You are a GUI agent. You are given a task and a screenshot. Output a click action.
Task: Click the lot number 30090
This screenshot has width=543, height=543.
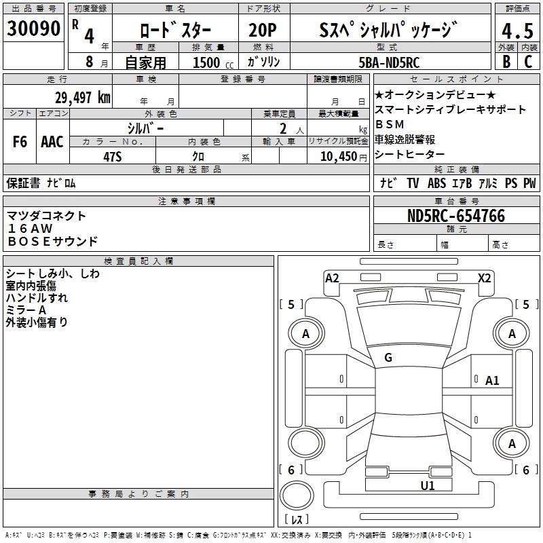coord(34,31)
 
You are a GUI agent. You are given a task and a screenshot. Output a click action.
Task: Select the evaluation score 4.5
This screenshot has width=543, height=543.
coord(517,31)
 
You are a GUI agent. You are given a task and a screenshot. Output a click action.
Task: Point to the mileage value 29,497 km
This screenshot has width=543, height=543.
coord(82,98)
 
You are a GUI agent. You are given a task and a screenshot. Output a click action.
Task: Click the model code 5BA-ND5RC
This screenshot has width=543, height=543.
coord(389,62)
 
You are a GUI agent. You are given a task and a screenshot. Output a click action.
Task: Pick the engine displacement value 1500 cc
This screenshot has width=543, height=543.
coord(210,62)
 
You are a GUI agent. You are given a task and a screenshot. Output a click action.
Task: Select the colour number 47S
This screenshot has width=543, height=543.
coord(112,156)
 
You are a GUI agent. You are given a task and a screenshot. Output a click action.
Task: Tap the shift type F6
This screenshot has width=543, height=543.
coord(20,142)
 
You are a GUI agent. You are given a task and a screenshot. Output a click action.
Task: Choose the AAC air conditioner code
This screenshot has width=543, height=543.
coord(52,142)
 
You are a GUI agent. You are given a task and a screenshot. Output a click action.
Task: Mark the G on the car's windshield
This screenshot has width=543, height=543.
coord(388,357)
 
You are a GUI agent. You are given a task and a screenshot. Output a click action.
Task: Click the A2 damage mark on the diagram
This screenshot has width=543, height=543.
coord(332,278)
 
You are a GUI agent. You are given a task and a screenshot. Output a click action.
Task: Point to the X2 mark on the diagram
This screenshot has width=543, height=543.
coord(485,278)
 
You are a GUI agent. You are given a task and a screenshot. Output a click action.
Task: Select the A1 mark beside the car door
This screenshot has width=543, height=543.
coord(492,381)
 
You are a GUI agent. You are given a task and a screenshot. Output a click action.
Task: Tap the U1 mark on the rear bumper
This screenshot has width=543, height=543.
coord(428,485)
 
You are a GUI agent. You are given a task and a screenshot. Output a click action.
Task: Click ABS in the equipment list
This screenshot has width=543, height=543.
coord(436,183)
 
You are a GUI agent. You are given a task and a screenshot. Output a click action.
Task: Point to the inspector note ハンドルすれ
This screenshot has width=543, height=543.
coord(37,298)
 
